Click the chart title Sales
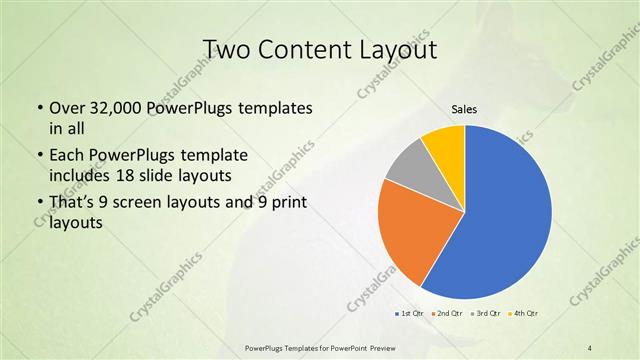464,109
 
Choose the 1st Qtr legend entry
411,314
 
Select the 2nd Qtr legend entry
447,314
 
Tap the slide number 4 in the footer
590,346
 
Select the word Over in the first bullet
66,108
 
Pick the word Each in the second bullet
67,156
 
